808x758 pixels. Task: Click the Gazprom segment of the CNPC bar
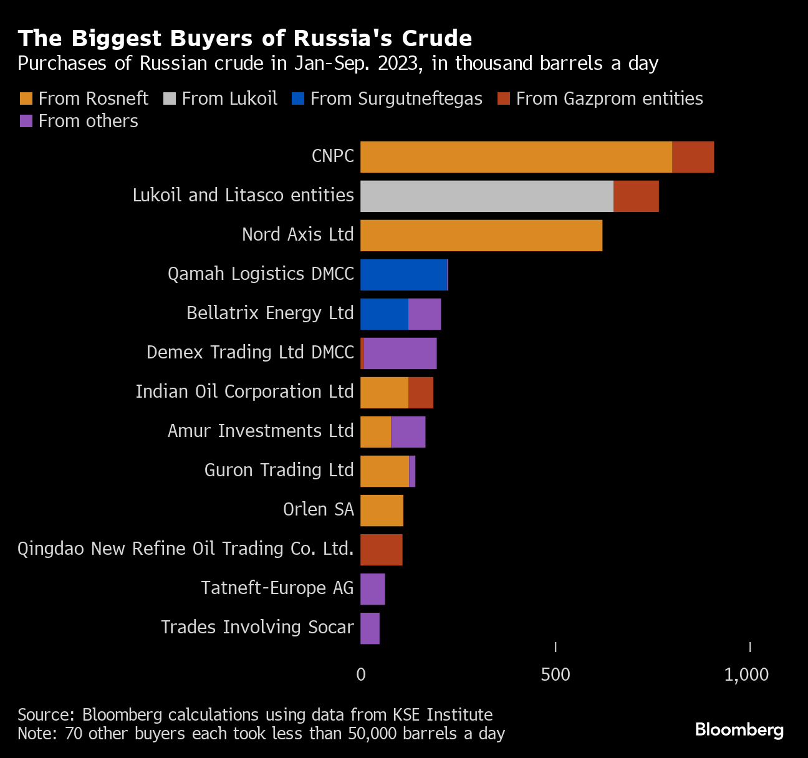(693, 157)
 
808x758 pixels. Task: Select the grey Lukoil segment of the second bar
(486, 196)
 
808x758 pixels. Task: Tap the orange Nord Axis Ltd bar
(481, 236)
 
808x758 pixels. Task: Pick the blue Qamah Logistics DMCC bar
(403, 275)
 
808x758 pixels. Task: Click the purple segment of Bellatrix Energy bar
(425, 314)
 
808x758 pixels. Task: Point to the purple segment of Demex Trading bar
(400, 353)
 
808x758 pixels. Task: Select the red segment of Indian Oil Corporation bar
(421, 393)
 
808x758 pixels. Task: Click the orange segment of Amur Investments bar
(375, 432)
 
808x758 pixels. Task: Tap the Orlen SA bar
(382, 511)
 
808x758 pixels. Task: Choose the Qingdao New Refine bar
(381, 550)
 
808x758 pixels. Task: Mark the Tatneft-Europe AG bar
(372, 589)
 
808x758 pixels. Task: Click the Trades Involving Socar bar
(370, 628)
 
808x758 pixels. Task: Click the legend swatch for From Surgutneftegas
(297, 98)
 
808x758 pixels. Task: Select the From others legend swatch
(26, 121)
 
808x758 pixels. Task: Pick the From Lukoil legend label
(229, 98)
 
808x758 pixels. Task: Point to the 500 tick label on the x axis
(555, 674)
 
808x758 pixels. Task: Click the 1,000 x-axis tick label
(746, 674)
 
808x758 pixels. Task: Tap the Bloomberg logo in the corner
(739, 729)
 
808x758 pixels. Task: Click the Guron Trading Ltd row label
(279, 470)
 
